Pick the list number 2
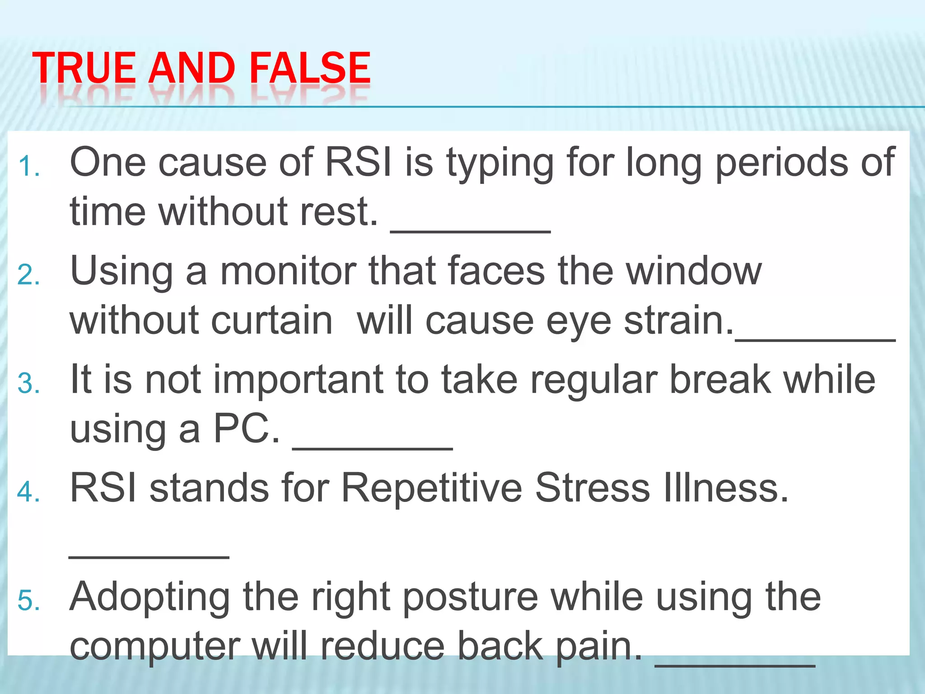[29, 275]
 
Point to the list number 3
[29, 384]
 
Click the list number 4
[29, 492]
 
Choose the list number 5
[29, 601]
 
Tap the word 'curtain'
[272, 321]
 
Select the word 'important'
[298, 380]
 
